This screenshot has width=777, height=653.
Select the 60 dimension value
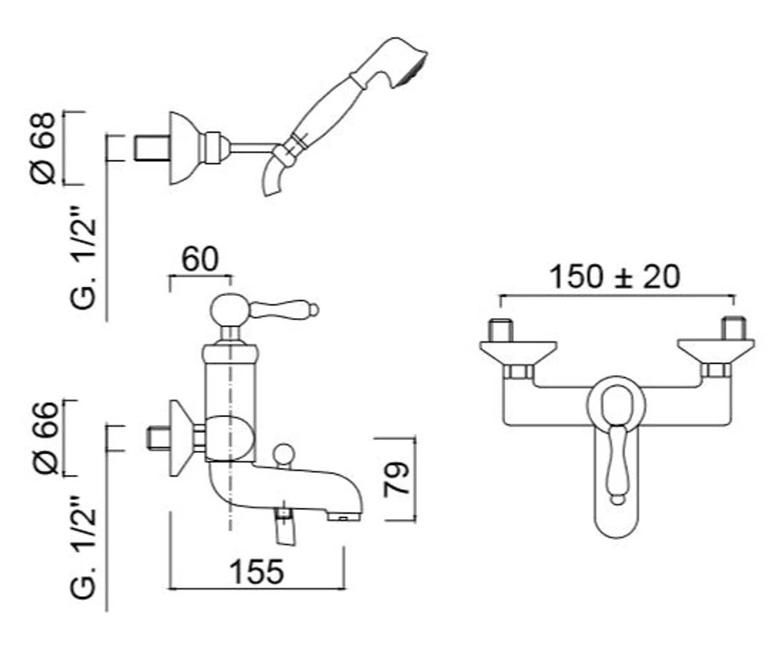pyautogui.click(x=200, y=260)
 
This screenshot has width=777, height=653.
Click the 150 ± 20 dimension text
pyautogui.click(x=614, y=277)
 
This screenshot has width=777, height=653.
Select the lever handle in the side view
pyautogui.click(x=282, y=310)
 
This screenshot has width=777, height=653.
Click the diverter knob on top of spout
pyautogui.click(x=283, y=453)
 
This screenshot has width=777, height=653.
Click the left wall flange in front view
pyautogui.click(x=518, y=350)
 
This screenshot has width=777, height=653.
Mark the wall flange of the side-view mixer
pyautogui.click(x=181, y=439)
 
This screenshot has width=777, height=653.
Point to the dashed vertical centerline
pyautogui.click(x=231, y=492)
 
